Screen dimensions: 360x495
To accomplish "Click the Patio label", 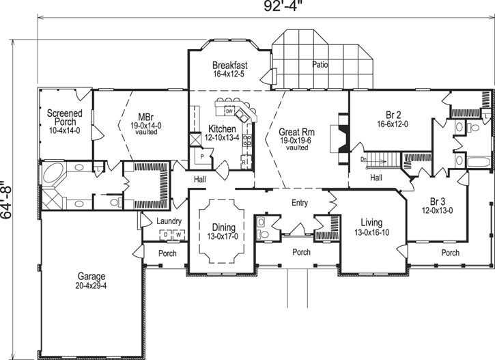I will coord(321,65).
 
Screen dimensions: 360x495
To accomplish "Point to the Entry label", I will coord(300,203).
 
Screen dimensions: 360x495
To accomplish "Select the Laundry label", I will coord(168,221).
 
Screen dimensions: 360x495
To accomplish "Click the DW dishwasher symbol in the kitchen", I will coord(230,111).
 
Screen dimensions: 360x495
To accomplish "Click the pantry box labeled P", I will coord(203,155).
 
